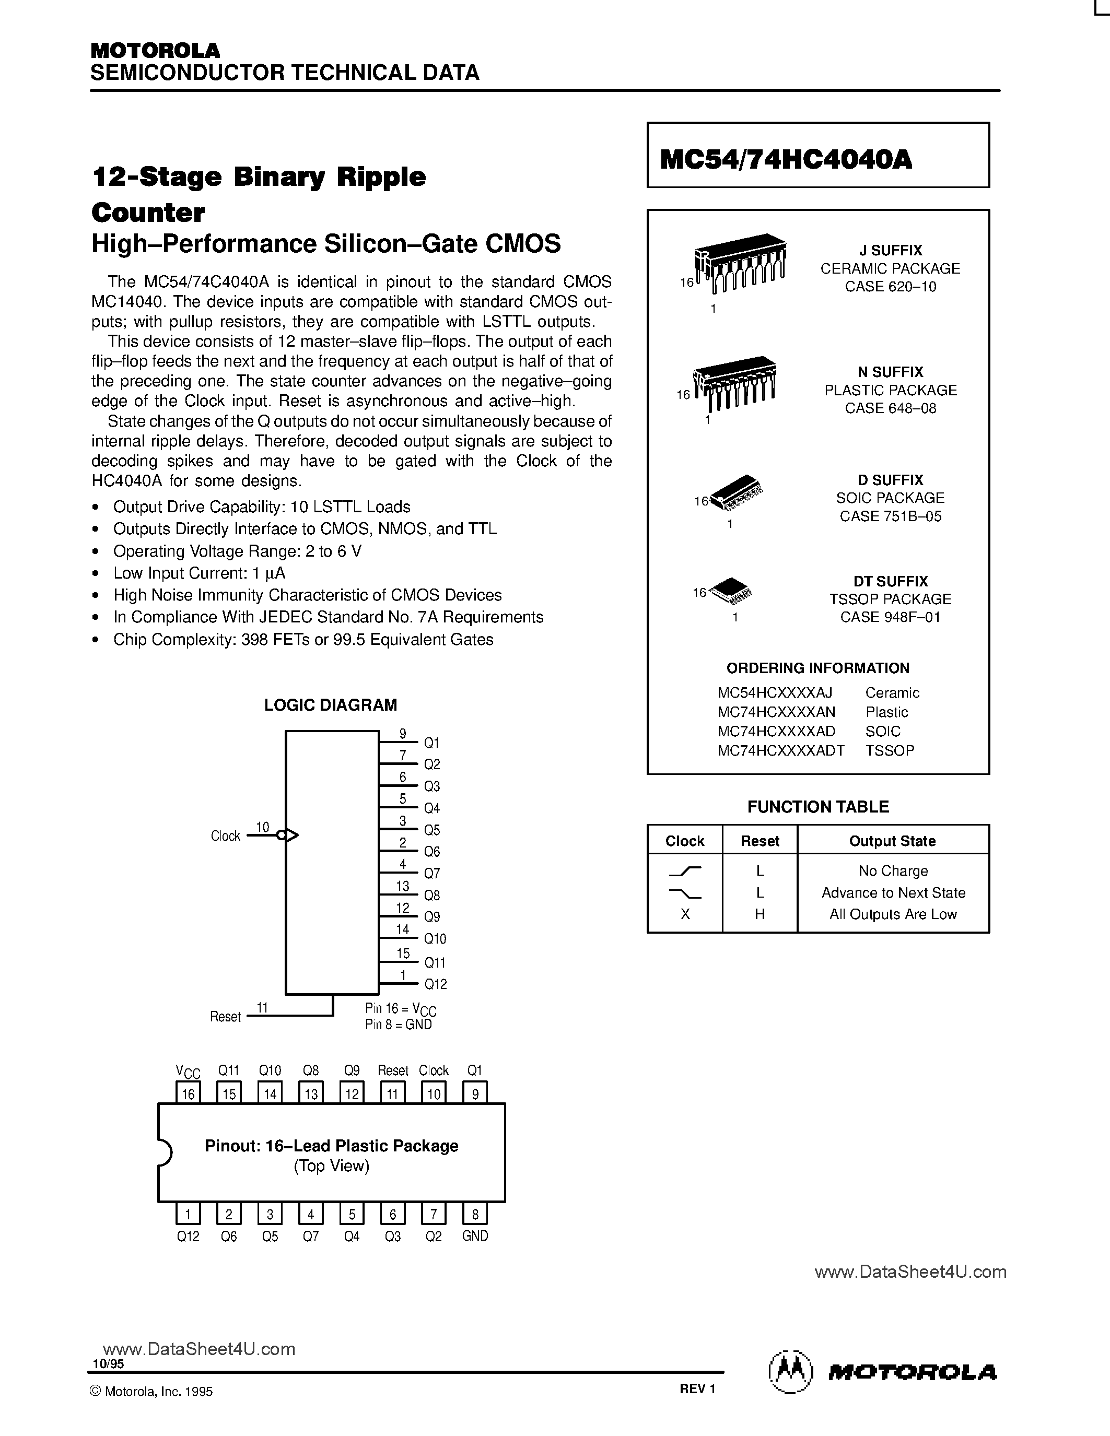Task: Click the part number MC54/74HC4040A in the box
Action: coord(785,159)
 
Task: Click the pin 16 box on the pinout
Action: coord(189,1093)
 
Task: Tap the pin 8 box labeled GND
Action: coord(475,1214)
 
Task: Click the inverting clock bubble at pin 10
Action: coord(282,835)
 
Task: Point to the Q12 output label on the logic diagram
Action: coord(435,984)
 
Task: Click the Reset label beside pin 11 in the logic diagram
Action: coord(225,1017)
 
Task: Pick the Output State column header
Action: coord(892,841)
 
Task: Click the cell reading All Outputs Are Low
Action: coord(892,914)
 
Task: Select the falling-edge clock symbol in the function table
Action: coord(685,893)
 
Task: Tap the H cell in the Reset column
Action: coord(760,914)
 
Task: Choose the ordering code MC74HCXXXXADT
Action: coord(780,750)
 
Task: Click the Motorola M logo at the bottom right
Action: coord(790,1373)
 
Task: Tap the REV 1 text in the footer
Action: coord(697,1388)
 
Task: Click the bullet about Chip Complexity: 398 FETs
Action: coord(302,640)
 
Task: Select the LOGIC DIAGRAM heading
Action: coord(330,705)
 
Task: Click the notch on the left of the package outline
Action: coord(165,1152)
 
